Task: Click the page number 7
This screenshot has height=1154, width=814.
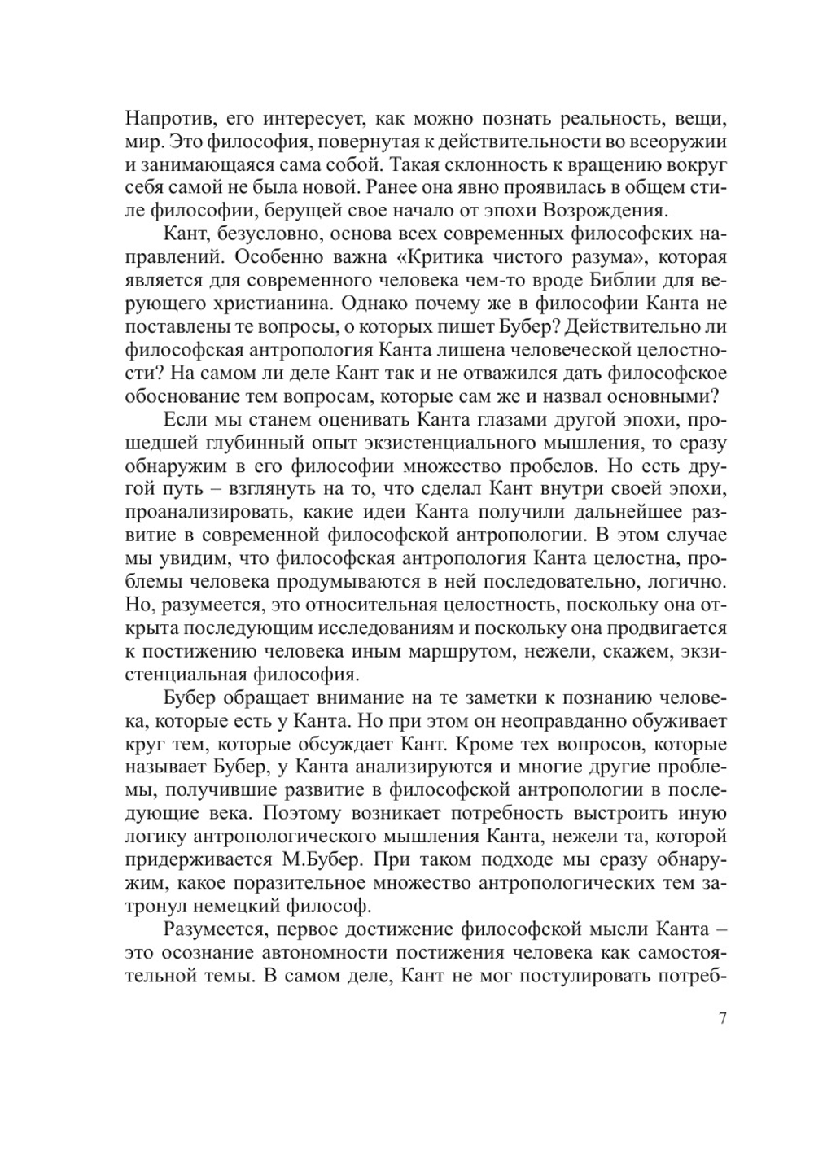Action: click(722, 1019)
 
